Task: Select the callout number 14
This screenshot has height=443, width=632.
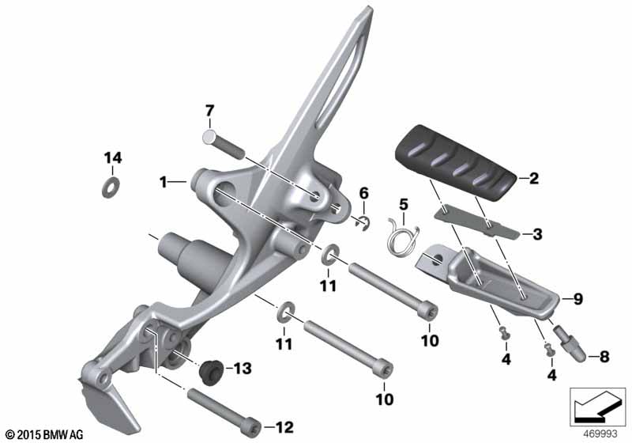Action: point(113,157)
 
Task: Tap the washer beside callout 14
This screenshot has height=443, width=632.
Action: point(111,187)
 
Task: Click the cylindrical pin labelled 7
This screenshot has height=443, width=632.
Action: point(224,144)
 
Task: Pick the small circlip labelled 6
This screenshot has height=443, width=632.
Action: point(364,223)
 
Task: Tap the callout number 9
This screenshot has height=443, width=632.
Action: point(578,299)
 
